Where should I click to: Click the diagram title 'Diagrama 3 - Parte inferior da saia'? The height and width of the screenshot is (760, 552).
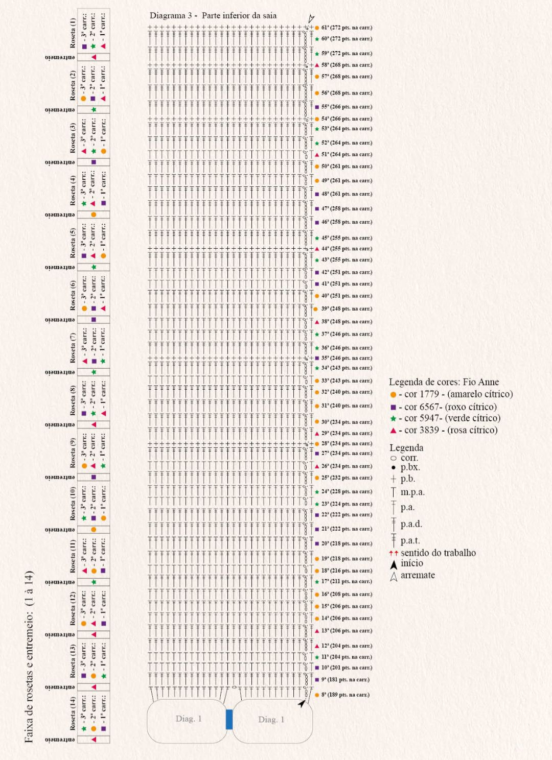[x=213, y=16]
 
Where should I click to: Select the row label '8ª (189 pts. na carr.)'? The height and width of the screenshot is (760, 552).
[x=345, y=695]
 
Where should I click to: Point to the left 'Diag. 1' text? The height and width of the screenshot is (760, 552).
[x=189, y=719]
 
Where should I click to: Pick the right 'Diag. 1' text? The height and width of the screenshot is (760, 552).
[x=271, y=720]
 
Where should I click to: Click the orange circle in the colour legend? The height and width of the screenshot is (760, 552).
[x=393, y=395]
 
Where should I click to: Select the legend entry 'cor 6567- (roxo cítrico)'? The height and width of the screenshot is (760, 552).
[x=450, y=407]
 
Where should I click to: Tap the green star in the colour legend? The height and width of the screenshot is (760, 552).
[x=393, y=418]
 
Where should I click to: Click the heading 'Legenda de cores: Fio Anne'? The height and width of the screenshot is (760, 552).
[x=444, y=382]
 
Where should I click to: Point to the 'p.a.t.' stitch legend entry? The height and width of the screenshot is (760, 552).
[x=410, y=540]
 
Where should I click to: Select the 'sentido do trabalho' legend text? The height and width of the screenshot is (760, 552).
[x=438, y=553]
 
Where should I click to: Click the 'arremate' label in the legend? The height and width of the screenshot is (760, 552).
[x=418, y=575]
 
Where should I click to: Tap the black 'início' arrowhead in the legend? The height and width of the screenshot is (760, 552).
[x=394, y=564]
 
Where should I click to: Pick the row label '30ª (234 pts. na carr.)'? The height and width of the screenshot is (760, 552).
[x=346, y=422]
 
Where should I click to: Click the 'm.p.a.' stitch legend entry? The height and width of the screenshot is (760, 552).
[x=412, y=492]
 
